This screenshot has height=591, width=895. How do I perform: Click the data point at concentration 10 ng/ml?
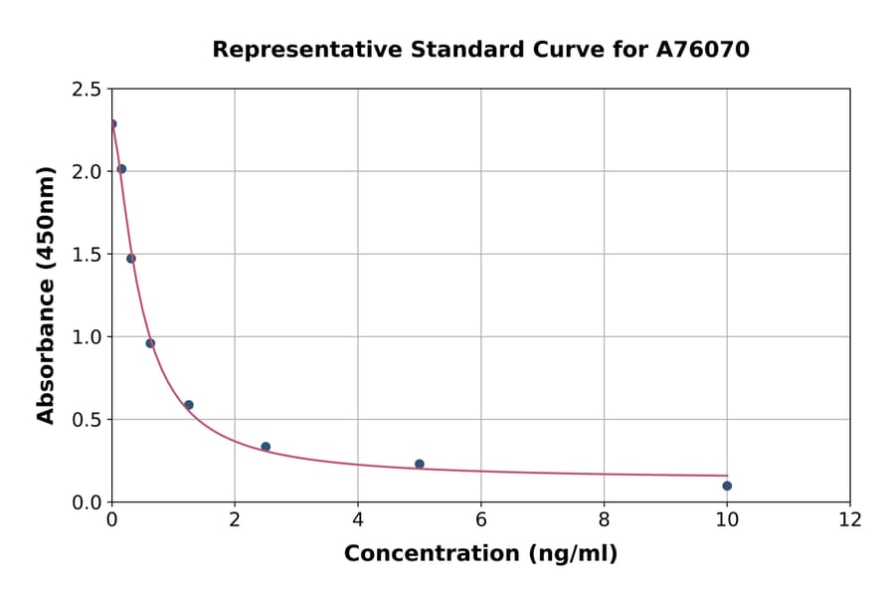pos(727,486)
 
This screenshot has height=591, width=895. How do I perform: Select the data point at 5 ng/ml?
pos(420,464)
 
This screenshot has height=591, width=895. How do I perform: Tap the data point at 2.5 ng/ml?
pos(266,447)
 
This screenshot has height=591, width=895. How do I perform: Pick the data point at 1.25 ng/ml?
pos(189,405)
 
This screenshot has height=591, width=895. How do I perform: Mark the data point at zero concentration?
pos(112,124)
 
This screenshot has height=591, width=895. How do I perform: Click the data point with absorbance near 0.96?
pos(150,343)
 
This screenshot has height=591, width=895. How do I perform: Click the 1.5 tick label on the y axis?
pos(87,255)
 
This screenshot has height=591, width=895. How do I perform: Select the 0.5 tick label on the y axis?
pos(87,420)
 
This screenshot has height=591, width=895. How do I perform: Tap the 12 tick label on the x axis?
pos(850,519)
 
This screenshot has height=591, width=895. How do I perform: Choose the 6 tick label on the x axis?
pos(480,519)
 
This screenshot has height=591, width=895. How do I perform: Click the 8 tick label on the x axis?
pos(604,519)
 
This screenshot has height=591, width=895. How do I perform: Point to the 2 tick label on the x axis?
pos(235,519)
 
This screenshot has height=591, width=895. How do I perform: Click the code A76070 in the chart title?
pos(702,49)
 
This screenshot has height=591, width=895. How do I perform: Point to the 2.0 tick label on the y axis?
pos(87,172)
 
